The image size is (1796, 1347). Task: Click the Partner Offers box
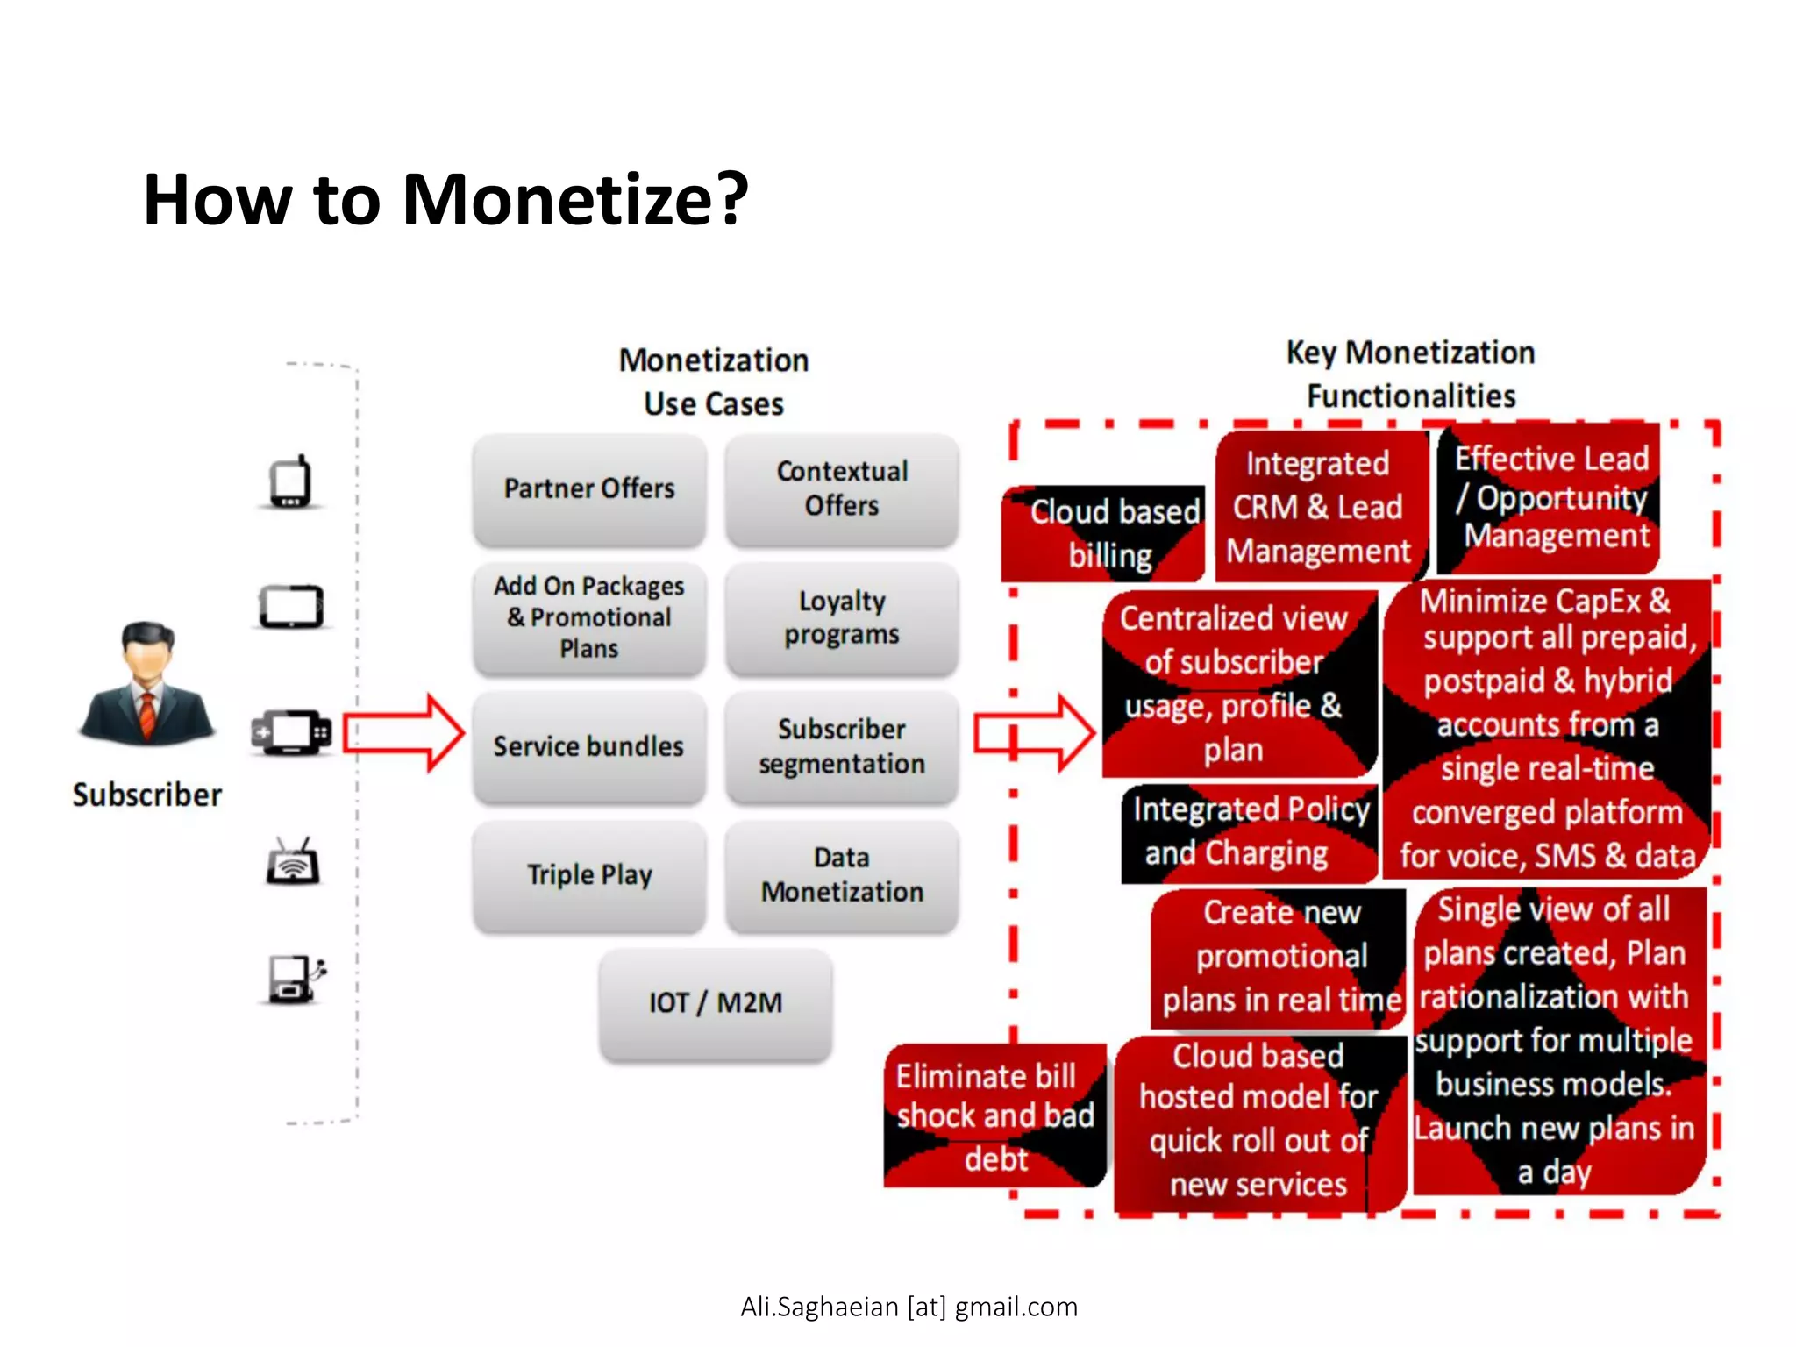coord(589,488)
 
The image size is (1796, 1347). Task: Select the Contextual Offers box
coord(842,488)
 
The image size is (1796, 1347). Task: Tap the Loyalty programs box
coord(842,617)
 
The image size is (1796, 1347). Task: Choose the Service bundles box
coord(589,746)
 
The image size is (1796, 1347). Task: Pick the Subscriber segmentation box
coord(842,746)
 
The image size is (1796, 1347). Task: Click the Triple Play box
coord(589,875)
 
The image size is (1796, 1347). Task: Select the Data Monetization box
coord(842,875)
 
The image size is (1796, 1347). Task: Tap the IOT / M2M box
coord(716,1003)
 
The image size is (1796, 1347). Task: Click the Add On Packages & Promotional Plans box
coord(589,617)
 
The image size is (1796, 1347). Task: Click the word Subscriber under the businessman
coord(147,795)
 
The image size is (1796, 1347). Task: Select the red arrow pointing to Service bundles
coord(403,733)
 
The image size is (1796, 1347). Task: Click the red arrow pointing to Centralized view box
coord(1035,733)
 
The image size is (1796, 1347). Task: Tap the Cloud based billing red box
coord(1103,533)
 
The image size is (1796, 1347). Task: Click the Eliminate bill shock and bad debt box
coord(995,1116)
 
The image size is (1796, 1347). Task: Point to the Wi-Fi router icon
coord(293,862)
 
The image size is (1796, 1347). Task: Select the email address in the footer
coord(909,1307)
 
